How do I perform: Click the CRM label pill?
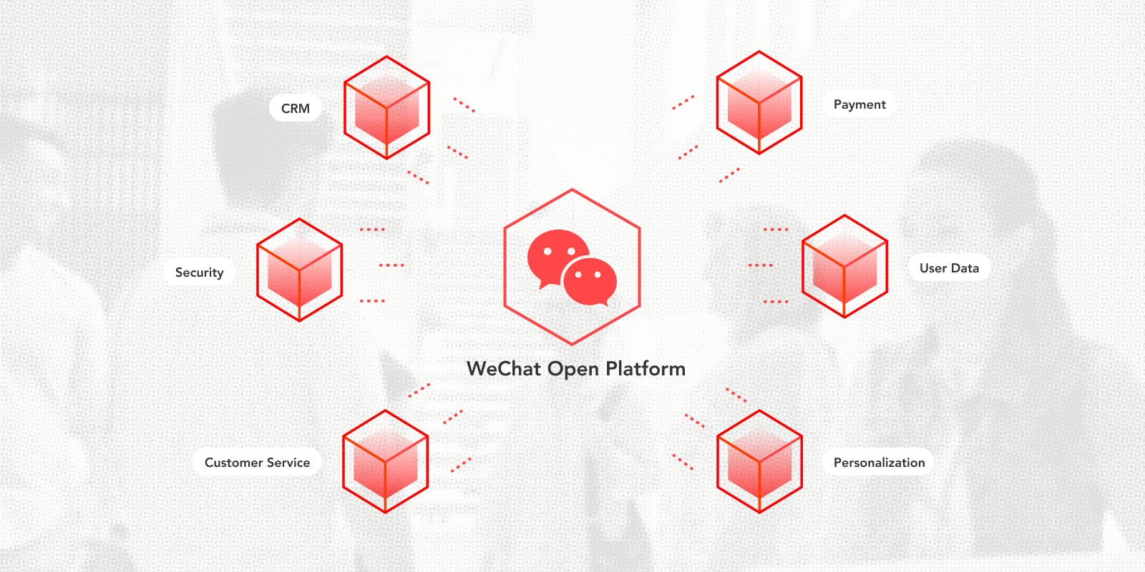(x=295, y=109)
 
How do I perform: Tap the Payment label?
(x=859, y=104)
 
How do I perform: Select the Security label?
(x=199, y=272)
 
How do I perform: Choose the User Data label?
(x=949, y=268)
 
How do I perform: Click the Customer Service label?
(x=257, y=463)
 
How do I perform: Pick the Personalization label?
(x=879, y=463)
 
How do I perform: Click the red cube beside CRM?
(x=386, y=108)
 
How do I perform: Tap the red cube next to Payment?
(x=759, y=103)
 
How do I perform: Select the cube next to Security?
(x=299, y=270)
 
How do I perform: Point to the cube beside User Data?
(x=844, y=267)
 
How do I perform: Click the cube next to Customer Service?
(x=385, y=462)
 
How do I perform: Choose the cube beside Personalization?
(x=759, y=462)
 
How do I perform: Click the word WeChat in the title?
(x=504, y=369)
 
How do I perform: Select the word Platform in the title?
(x=645, y=369)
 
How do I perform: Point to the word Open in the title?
(x=573, y=370)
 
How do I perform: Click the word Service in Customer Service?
(x=288, y=463)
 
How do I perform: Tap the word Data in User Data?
(x=965, y=268)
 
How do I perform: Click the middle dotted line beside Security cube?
(x=391, y=265)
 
